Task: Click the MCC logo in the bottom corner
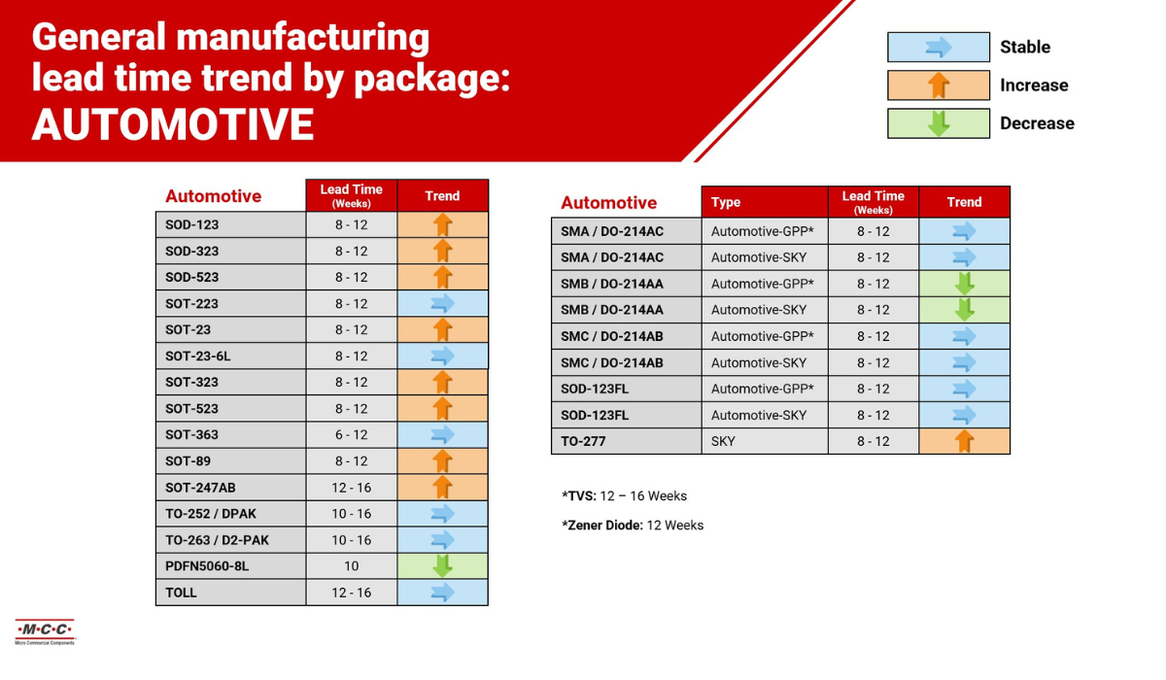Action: pos(44,631)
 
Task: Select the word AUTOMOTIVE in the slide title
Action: pos(173,124)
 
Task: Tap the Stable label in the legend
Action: pos(1024,47)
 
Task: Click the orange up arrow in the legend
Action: pos(939,85)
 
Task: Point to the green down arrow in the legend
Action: pos(939,123)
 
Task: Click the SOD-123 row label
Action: pos(192,224)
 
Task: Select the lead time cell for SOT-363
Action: pos(351,434)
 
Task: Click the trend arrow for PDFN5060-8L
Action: pos(442,565)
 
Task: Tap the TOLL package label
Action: pos(181,592)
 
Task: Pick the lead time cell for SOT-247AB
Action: pos(351,487)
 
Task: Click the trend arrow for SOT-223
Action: pos(442,303)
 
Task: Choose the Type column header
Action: pos(726,202)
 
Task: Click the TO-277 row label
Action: pos(583,440)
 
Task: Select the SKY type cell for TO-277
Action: pos(724,440)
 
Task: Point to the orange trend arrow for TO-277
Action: pos(964,440)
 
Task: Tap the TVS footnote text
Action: pos(624,495)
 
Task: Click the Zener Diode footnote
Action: pos(633,525)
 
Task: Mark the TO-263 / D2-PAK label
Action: pos(217,539)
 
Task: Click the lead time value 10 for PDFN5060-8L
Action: pos(351,565)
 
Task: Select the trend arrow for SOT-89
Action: pos(442,460)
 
